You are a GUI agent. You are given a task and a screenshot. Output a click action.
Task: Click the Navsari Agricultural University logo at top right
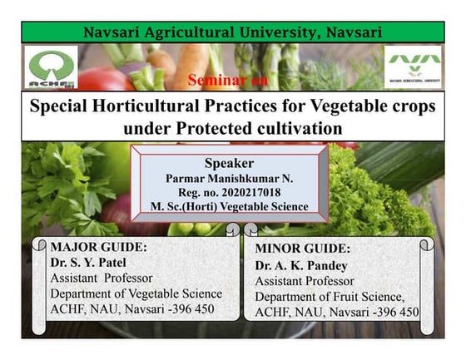(414, 67)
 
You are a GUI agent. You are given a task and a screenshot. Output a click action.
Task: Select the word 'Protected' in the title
(198, 129)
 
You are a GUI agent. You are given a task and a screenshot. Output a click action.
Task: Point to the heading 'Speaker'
(228, 163)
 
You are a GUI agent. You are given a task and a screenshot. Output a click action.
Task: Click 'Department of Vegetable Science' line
(136, 293)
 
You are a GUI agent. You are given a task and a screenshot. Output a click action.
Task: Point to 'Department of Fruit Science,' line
(330, 296)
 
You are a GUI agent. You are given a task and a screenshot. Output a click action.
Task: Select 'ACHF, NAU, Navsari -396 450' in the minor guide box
(336, 312)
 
